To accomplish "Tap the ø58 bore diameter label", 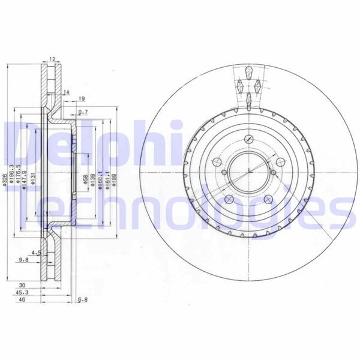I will (x=85, y=179).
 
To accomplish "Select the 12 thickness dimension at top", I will (x=52, y=59).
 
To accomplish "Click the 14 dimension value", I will (x=67, y=92).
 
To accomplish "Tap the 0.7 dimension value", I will (x=83, y=112).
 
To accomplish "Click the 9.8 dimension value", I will (x=23, y=259).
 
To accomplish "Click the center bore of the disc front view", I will (x=246, y=173).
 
